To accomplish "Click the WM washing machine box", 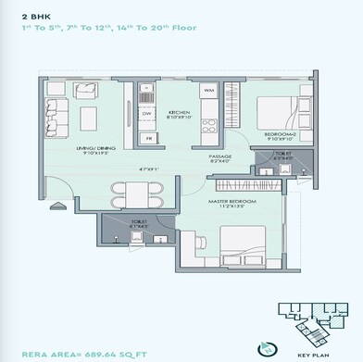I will (x=209, y=91).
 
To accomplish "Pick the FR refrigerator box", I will (x=147, y=137).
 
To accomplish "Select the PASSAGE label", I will (x=220, y=157).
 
